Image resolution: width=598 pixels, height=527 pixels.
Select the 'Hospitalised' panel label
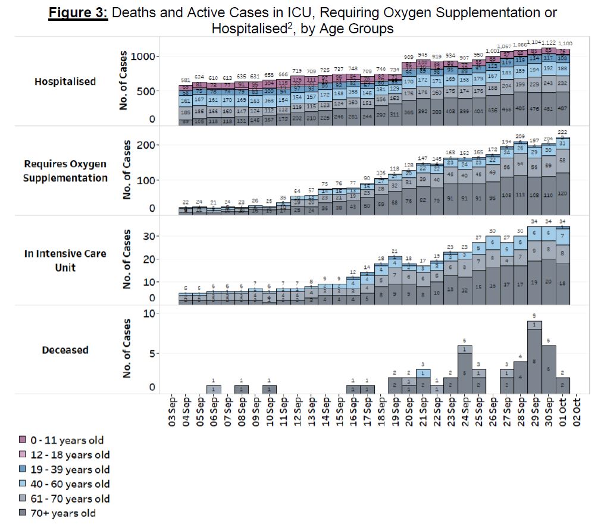(x=65, y=81)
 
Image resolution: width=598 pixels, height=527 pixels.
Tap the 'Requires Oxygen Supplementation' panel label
(x=65, y=171)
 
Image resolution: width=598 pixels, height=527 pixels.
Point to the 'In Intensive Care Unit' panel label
(x=65, y=260)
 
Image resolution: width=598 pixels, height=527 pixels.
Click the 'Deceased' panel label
(x=65, y=350)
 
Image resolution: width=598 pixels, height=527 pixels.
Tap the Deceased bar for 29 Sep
(x=534, y=357)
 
